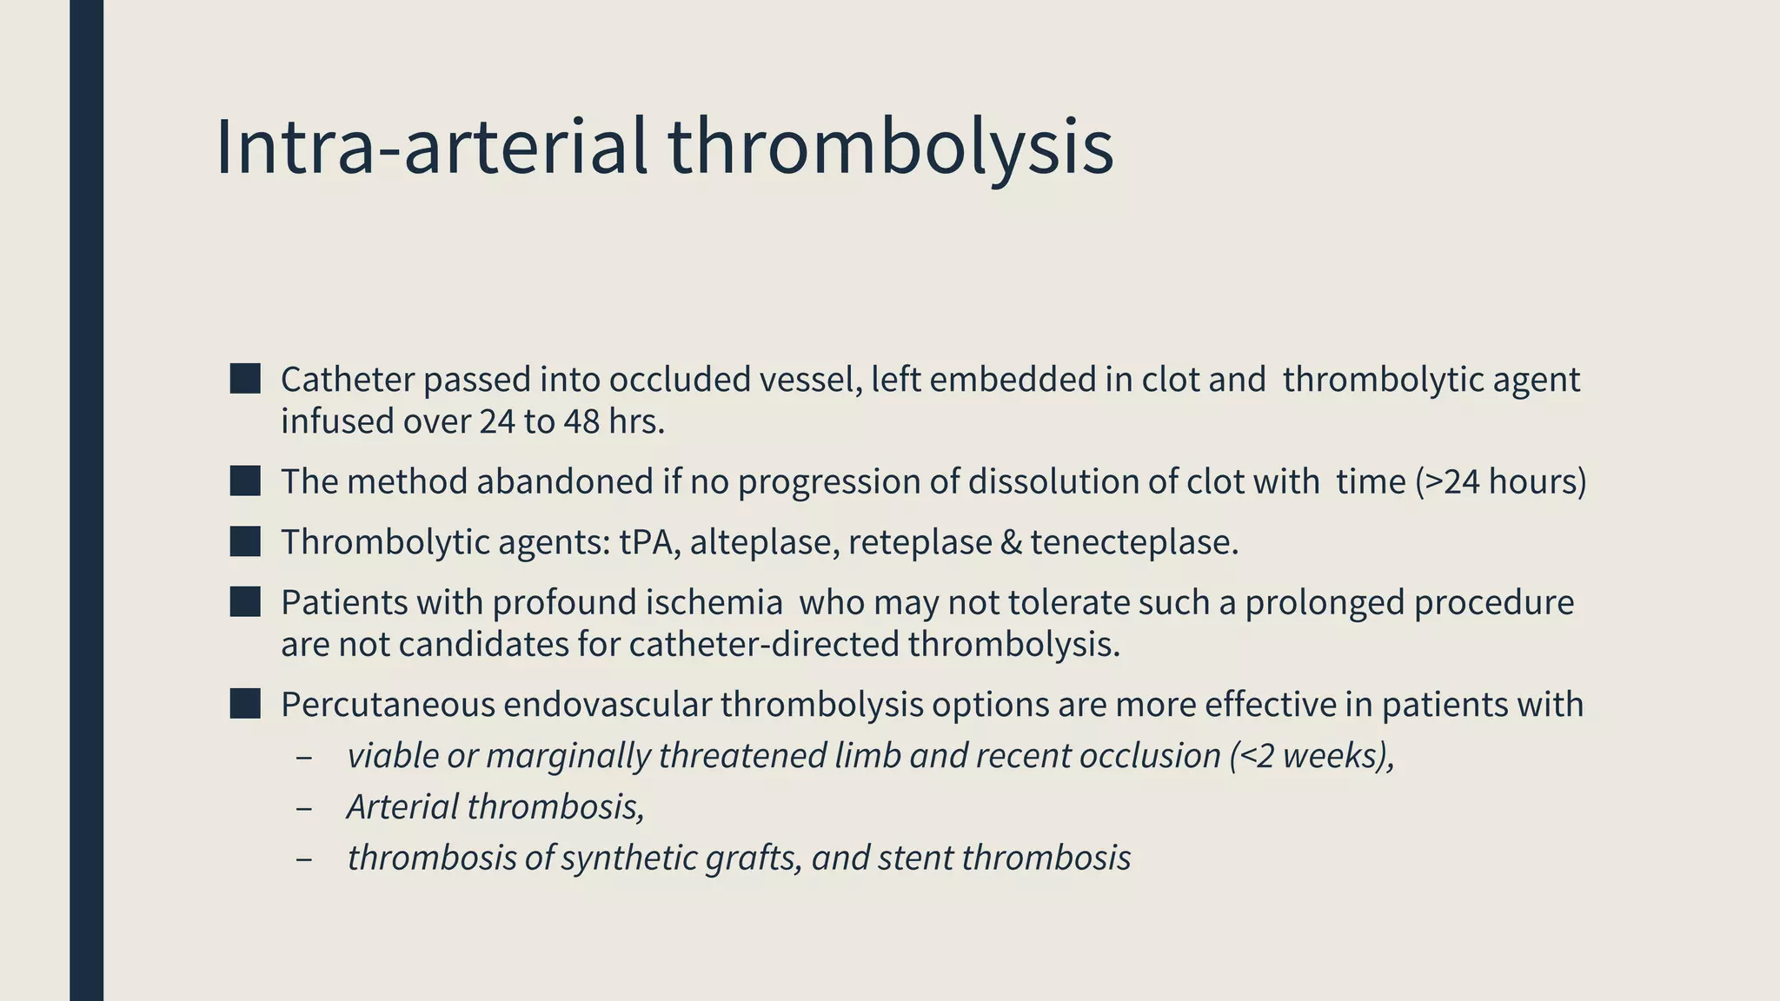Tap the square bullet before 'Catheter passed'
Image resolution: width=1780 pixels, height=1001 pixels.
245,379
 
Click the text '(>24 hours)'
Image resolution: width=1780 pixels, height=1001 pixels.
1500,481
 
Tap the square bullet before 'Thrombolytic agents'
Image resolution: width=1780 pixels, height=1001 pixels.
245,541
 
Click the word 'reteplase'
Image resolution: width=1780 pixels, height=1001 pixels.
920,542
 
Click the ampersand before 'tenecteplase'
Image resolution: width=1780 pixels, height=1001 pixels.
1011,542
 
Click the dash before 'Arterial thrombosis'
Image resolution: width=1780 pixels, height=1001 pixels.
303,807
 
